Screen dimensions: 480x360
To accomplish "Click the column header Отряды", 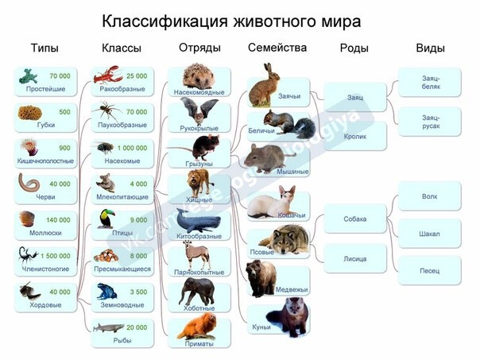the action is click(x=199, y=48).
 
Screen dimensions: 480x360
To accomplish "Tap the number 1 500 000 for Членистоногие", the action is click(x=56, y=256).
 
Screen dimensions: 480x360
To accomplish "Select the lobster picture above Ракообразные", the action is click(x=108, y=75).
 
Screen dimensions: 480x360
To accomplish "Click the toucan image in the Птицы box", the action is click(x=106, y=219).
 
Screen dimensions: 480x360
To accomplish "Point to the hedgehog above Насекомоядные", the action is click(x=199, y=76).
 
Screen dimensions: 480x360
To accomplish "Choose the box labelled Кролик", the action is click(x=355, y=136).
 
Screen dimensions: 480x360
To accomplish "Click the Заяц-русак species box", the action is click(x=430, y=122).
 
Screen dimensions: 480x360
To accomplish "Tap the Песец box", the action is click(x=430, y=271).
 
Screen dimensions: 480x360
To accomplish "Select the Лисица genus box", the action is click(x=355, y=258).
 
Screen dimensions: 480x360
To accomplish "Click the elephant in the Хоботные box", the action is click(x=197, y=292).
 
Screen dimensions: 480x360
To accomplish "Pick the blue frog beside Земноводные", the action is click(x=106, y=291).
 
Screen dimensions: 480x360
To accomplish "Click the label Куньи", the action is click(x=261, y=327).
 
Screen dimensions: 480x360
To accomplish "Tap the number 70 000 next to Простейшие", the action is click(x=60, y=76).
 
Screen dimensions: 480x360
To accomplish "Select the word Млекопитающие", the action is click(x=122, y=197).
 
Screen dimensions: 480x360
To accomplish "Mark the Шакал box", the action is click(x=430, y=234).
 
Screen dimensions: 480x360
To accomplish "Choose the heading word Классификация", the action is click(x=165, y=21).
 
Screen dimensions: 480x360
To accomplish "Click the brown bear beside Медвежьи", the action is click(x=261, y=278).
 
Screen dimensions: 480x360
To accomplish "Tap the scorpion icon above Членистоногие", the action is click(x=28, y=255).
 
